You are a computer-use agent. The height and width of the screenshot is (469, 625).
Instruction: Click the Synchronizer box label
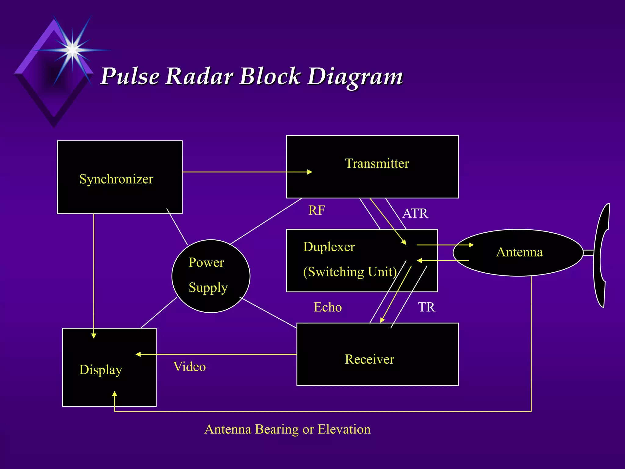tap(116, 179)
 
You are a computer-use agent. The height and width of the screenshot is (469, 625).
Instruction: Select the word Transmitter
tap(377, 164)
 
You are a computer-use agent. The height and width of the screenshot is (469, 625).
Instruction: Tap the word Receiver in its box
tap(369, 359)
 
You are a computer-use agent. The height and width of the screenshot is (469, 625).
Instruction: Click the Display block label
tap(101, 370)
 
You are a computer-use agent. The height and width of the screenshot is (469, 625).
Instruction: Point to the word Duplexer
tap(329, 247)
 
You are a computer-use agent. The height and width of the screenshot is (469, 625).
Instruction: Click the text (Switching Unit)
tap(350, 272)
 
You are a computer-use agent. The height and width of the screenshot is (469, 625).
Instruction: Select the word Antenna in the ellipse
tap(519, 252)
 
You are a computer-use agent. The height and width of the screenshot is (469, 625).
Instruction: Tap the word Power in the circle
tap(206, 263)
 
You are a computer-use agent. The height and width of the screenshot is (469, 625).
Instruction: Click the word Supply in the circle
tap(208, 288)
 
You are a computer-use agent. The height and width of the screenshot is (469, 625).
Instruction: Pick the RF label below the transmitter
tap(316, 210)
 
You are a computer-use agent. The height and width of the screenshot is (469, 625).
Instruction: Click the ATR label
tap(415, 213)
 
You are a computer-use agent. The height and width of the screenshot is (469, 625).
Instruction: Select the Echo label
tap(328, 307)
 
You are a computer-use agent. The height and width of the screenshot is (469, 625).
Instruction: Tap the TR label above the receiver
tap(426, 307)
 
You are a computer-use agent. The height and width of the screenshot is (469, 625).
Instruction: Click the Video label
tap(190, 367)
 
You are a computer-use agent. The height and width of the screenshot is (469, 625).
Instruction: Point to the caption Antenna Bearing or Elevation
tap(287, 429)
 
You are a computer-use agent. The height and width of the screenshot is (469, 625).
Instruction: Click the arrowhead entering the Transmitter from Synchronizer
tap(310, 172)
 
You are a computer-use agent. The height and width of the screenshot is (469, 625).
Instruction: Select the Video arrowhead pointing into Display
tap(138, 354)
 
